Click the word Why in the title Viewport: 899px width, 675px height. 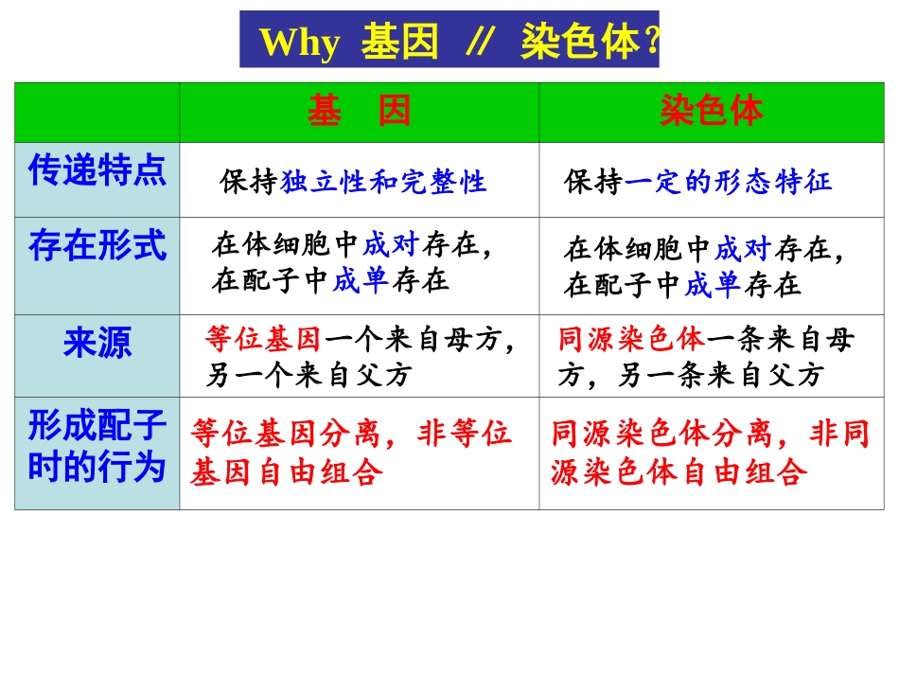point(299,43)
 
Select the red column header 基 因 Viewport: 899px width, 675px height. point(359,112)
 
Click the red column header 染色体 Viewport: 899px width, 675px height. point(711,112)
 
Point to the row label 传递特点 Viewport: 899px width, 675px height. point(97,171)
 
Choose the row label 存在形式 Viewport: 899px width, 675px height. point(97,246)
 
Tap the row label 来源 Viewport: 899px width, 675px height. point(97,343)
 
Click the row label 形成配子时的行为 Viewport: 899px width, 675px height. point(97,447)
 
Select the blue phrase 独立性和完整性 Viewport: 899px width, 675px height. point(383,182)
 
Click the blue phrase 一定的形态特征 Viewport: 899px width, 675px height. point(729,182)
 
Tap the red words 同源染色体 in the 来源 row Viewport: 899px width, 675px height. point(631,339)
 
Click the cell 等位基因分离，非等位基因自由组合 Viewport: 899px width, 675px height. point(350,452)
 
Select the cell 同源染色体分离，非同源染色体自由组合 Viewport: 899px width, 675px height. point(710,452)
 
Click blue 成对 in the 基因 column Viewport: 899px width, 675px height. point(390,246)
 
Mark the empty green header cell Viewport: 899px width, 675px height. point(97,112)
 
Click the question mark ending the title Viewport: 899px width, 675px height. point(650,43)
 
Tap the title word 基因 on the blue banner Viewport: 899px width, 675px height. point(400,43)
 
